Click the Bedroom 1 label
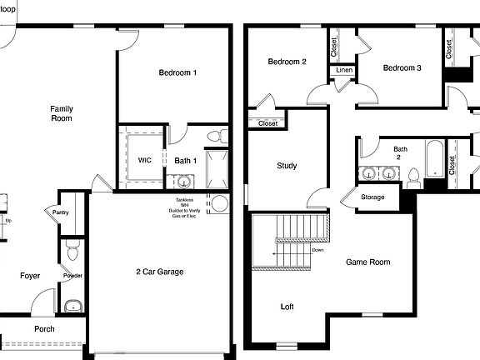[177, 73]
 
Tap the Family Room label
[61, 113]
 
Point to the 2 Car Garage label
[159, 272]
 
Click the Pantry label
[61, 212]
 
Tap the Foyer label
[30, 275]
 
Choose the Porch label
[44, 328]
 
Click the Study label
[287, 166]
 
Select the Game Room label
[367, 262]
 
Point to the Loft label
[287, 307]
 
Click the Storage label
[372, 197]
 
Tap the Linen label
[344, 70]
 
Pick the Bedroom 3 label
[402, 68]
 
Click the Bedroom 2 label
[287, 62]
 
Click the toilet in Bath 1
[215, 136]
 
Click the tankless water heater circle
[219, 203]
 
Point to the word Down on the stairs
[318, 249]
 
